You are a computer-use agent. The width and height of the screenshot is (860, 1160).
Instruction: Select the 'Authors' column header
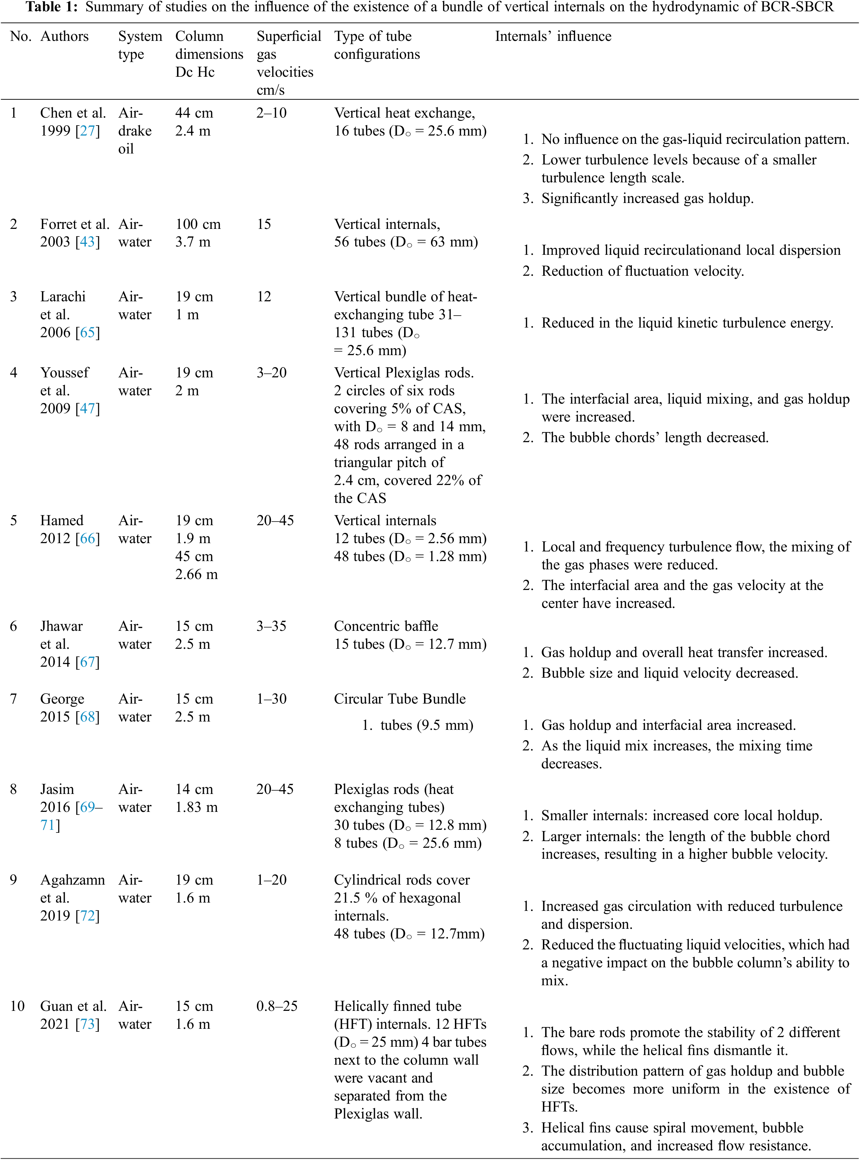point(64,37)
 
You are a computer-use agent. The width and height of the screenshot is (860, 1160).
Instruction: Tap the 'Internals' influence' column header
point(553,37)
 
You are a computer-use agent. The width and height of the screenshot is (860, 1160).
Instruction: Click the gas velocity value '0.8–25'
point(276,1006)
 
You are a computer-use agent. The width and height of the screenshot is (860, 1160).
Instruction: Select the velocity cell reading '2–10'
point(271,113)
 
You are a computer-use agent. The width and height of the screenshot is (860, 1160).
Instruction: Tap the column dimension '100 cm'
point(198,225)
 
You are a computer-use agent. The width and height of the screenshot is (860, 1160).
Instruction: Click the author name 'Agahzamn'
point(72,880)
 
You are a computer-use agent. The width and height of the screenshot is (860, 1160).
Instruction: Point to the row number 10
point(17,1006)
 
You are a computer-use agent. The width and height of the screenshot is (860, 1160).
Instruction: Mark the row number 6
point(14,626)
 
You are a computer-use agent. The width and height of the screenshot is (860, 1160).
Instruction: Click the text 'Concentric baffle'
point(386,626)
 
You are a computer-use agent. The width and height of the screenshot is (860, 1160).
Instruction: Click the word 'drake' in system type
point(135,131)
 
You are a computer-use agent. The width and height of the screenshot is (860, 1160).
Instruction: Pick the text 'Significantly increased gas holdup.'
point(647,198)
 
